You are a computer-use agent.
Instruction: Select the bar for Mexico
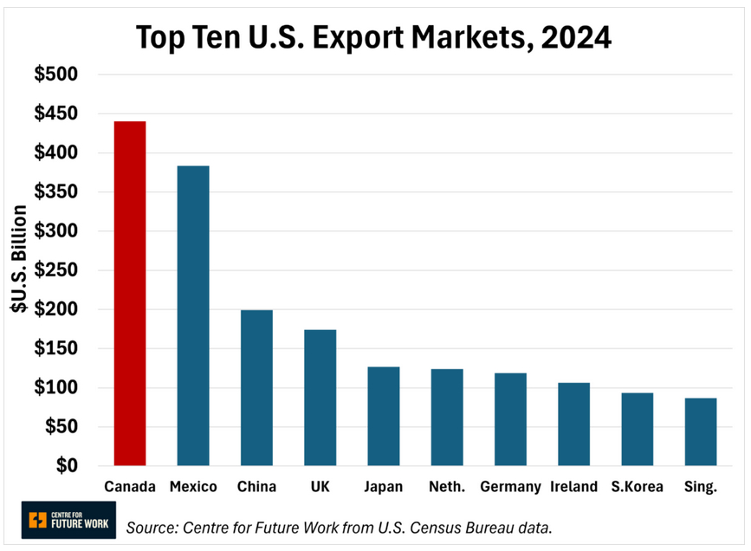[x=193, y=315]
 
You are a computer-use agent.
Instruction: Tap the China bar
[x=256, y=387]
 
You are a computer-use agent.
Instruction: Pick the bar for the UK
[x=320, y=398]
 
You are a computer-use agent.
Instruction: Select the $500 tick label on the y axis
[x=56, y=75]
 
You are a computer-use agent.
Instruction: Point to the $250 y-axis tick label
[x=56, y=270]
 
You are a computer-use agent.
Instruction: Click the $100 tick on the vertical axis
[x=56, y=387]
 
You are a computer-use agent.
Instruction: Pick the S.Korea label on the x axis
[x=637, y=487]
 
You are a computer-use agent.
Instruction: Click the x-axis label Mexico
[x=193, y=487]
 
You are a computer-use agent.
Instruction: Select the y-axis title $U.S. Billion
[x=18, y=270]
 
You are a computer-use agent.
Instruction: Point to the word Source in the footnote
[x=152, y=527]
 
